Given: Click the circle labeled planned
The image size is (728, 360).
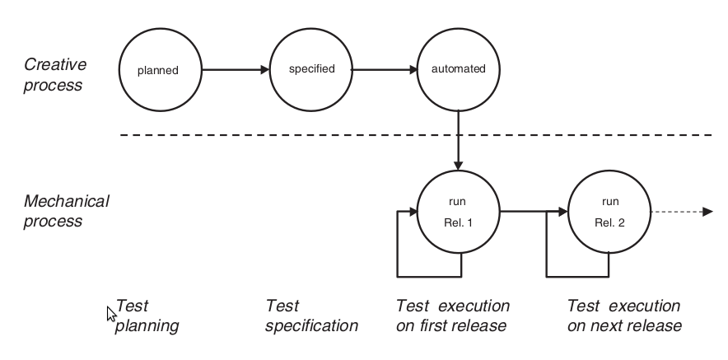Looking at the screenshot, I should (159, 70).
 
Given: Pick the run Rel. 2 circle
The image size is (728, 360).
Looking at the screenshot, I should (610, 213).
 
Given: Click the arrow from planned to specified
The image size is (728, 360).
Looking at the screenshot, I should (236, 70).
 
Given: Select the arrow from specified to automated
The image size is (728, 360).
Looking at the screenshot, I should (385, 70).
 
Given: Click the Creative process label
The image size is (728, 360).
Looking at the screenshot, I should (53, 74).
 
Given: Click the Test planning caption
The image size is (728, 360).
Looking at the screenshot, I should (147, 316).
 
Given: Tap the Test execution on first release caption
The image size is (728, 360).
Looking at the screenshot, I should (453, 316).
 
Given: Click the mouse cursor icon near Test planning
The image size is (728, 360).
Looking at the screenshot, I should (112, 314).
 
